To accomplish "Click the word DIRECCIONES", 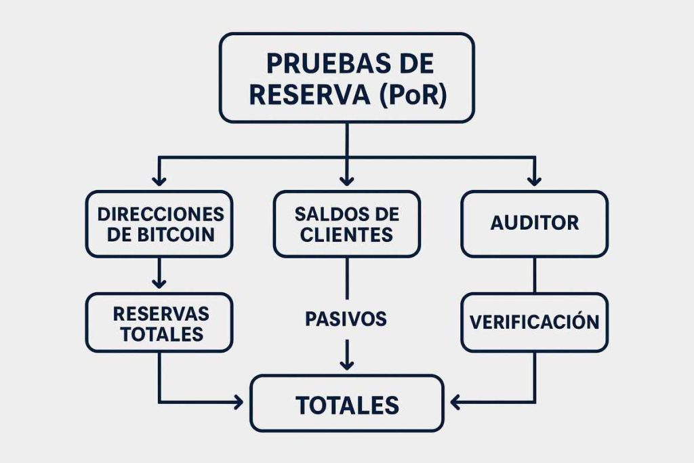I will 161,214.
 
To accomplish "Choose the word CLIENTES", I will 346,235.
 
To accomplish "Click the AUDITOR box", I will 534,223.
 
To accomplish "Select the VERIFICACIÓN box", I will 534,321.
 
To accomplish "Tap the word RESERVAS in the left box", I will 161,313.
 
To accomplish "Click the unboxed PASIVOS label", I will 346,318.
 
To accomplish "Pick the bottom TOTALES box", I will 346,405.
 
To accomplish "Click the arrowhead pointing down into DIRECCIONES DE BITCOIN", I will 159,180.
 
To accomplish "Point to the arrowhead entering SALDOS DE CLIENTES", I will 346,180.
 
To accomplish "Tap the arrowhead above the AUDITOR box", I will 534,180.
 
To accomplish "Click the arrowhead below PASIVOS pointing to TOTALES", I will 346,364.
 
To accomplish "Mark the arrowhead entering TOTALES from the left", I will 239,403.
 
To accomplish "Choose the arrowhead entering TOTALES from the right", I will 456,403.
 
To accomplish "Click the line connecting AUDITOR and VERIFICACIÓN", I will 534,275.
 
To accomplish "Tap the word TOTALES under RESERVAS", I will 161,334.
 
